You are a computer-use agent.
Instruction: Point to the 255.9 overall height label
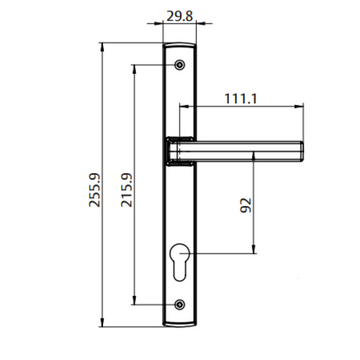click(93, 190)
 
